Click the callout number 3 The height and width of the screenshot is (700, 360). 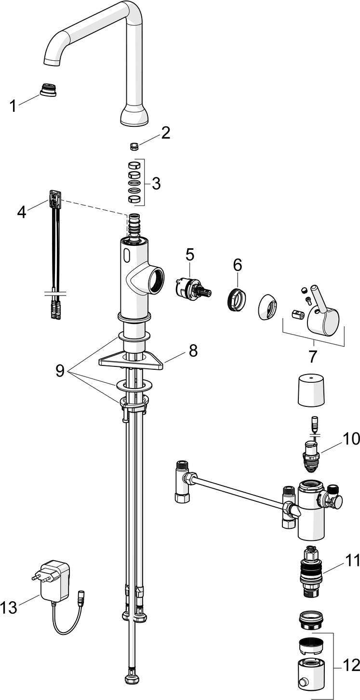155,183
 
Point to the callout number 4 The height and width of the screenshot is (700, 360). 22,212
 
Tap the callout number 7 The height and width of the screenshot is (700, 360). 313,357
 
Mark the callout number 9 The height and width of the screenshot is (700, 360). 60,370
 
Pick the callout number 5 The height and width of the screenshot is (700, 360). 190,254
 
